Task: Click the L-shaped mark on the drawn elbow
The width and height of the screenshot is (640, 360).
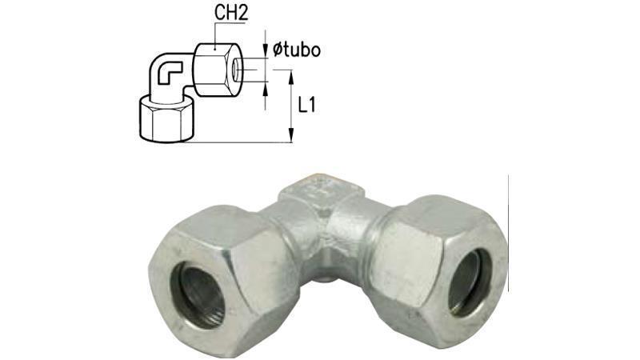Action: [167, 74]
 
